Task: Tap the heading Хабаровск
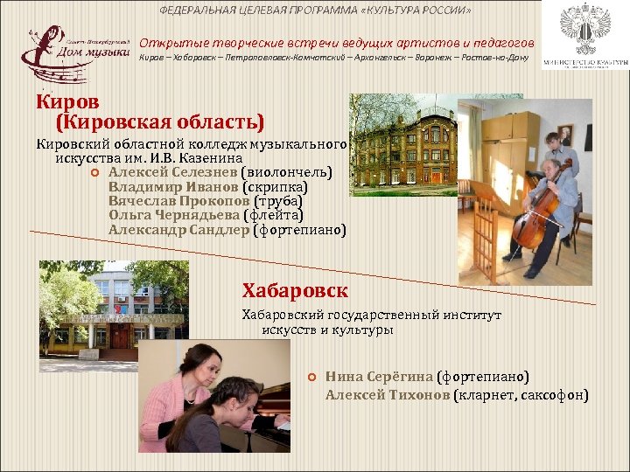tap(295, 290)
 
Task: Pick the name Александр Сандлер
tap(178, 230)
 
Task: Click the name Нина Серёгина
tap(379, 377)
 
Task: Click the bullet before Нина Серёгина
tap(311, 377)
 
